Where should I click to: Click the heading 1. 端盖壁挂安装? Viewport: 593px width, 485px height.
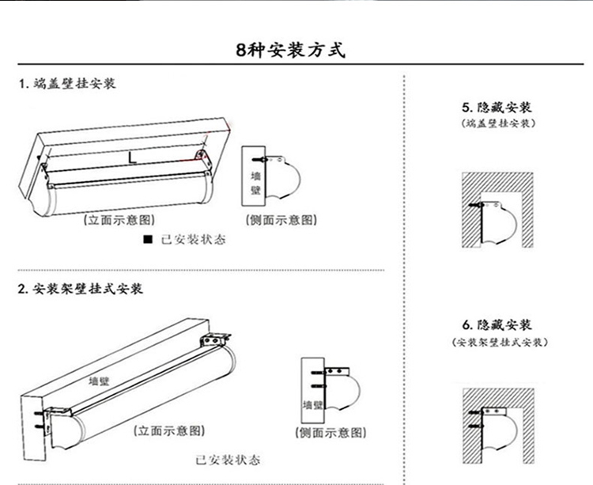[x=67, y=83]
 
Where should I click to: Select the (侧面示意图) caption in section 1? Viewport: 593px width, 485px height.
[x=281, y=219]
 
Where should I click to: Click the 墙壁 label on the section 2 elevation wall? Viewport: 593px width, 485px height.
[x=100, y=381]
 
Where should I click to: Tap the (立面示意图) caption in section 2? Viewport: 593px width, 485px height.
[x=169, y=430]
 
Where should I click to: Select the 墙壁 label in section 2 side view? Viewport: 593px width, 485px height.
[x=312, y=404]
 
